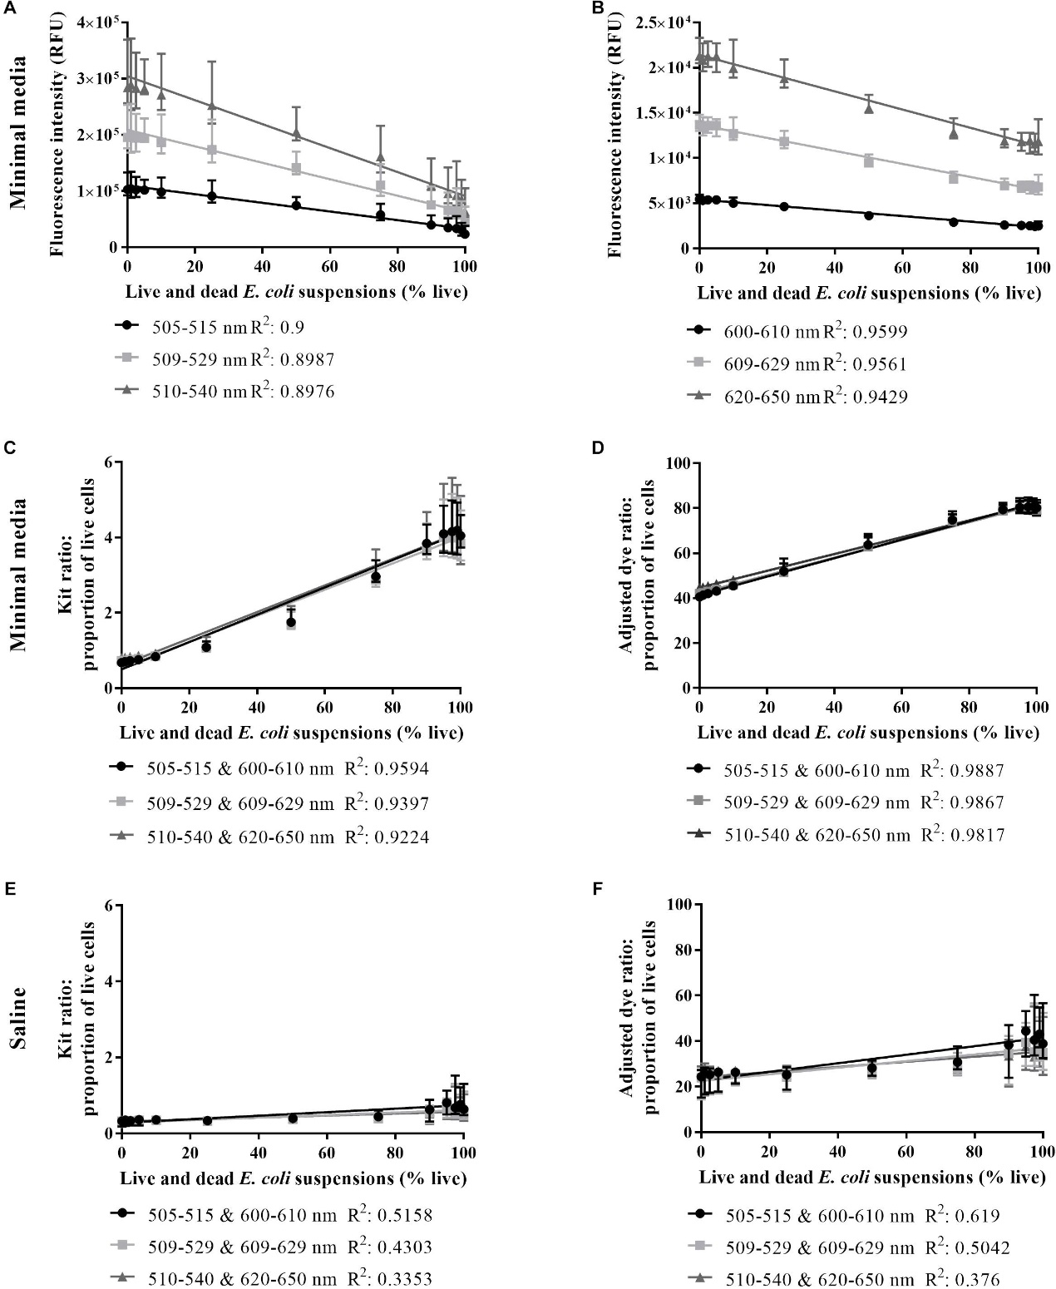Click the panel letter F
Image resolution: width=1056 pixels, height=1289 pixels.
pos(595,888)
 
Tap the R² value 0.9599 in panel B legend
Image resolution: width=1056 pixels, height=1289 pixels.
pos(873,333)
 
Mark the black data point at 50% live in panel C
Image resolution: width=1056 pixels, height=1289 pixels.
pos(291,622)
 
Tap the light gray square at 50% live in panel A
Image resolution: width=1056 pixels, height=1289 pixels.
pos(296,169)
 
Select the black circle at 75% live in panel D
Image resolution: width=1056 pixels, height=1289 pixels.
pos(952,520)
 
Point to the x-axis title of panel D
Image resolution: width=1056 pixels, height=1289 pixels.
pos(868,733)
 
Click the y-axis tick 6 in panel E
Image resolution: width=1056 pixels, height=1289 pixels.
pos(106,905)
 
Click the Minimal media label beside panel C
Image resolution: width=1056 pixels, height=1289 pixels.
pos(19,574)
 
